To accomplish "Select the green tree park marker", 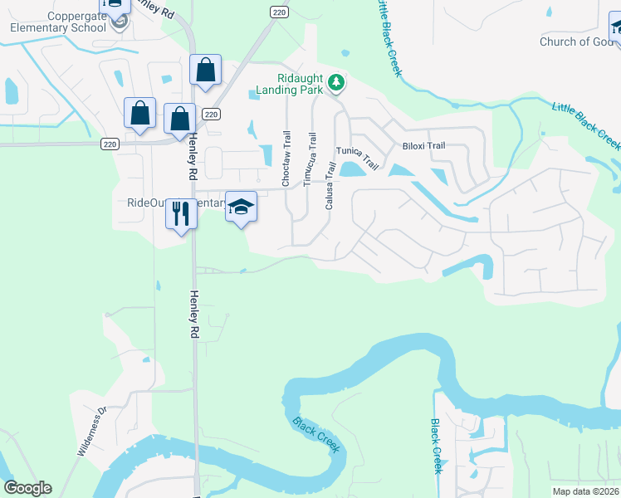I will [337, 82].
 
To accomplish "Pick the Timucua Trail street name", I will [312, 159].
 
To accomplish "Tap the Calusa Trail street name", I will [330, 185].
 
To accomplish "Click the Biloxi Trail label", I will [424, 145].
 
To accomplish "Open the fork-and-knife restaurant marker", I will [180, 214].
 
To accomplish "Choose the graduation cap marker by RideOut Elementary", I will [241, 207].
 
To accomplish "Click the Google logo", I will [27, 488].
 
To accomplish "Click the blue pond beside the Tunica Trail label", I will [352, 170].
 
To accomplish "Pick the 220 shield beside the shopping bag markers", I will [211, 114].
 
